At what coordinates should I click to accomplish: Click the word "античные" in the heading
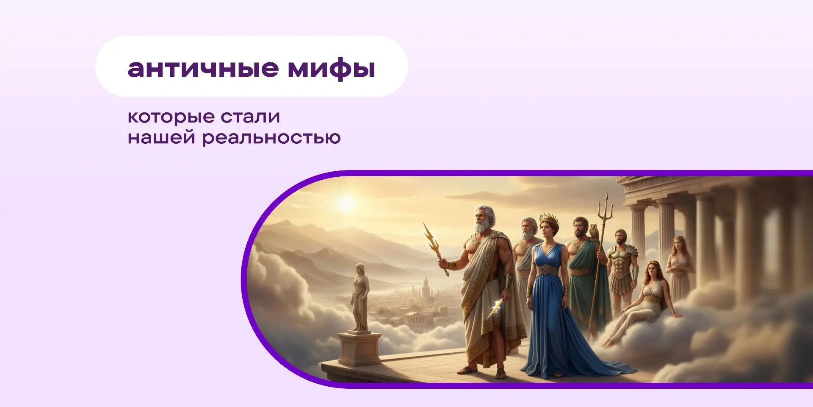point(203,68)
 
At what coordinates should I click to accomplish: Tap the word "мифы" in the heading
point(332,69)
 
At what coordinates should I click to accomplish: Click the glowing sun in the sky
point(347,204)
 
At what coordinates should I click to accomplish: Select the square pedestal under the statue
point(359,348)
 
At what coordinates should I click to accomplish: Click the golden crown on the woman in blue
point(549,219)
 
